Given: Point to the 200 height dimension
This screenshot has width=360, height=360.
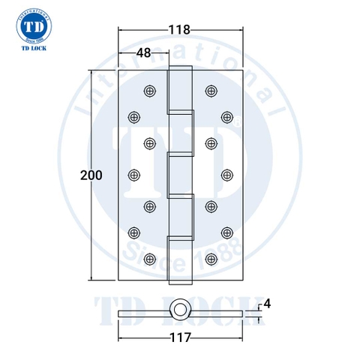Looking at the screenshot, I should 91,175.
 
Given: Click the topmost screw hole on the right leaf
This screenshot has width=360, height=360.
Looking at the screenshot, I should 210,90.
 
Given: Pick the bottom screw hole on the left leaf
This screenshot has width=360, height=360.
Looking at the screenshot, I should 150,259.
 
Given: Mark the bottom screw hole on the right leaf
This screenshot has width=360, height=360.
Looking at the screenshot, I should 210,259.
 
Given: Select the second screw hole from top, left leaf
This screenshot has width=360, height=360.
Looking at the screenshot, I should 135,116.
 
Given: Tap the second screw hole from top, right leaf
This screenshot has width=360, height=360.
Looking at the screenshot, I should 226,116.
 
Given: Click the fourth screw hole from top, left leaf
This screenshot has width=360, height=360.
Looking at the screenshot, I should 135,174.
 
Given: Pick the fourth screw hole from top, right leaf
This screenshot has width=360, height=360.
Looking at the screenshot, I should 226,174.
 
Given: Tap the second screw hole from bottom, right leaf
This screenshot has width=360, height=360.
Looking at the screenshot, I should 226,232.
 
